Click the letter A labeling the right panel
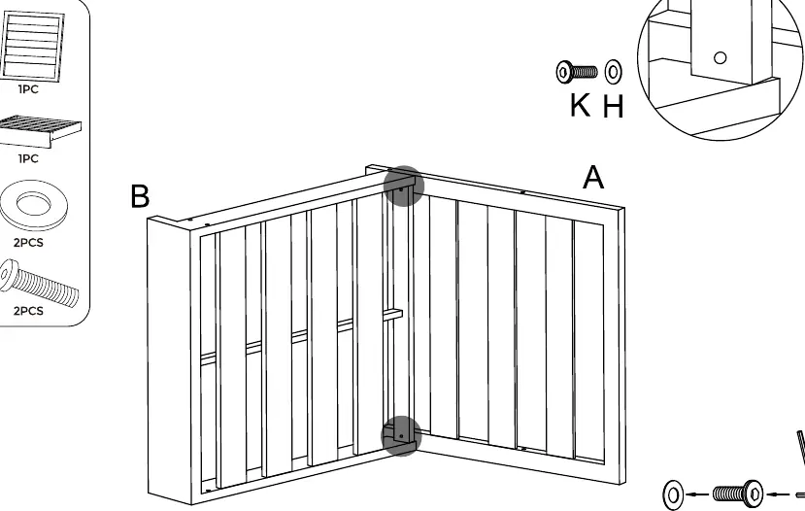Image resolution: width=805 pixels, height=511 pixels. coord(593,177)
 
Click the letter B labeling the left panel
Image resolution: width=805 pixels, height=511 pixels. coord(140,196)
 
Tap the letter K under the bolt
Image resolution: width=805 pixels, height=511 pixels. coord(580,105)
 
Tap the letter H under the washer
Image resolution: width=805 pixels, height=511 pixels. coord(613,106)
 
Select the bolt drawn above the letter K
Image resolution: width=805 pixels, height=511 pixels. coord(577,71)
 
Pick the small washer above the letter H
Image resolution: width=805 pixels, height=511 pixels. coord(613,71)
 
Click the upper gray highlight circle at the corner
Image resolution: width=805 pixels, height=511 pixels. coord(404,186)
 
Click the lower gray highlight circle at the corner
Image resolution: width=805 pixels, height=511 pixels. coord(401,435)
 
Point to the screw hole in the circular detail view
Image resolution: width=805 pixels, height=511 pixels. coord(721,58)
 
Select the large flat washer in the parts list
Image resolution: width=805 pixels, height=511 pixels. coord(33,205)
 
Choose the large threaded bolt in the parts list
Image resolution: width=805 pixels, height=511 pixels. coord(39,283)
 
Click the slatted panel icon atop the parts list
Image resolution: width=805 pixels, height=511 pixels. coord(32,46)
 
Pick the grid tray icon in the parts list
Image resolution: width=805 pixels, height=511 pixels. coord(39,131)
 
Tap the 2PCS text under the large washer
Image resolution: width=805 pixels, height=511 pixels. coord(28,243)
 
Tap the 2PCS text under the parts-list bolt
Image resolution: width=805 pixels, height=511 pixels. coord(28,311)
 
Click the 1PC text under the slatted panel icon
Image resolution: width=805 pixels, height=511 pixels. coord(28,89)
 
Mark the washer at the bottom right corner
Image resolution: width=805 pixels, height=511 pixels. coord(673,494)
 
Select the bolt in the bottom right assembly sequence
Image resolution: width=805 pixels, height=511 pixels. coord(738,494)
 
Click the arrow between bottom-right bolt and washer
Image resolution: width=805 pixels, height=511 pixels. coord(698,494)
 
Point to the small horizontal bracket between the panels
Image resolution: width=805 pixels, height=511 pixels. coord(392,314)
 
